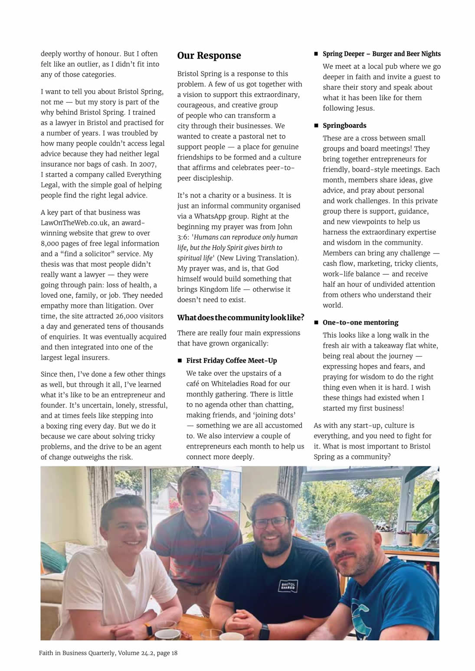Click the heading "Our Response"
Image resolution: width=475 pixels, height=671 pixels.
209,56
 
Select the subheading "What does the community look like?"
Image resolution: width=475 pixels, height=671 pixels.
240,318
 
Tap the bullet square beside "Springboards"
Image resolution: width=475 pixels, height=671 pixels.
316,126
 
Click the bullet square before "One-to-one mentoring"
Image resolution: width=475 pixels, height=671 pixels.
316,322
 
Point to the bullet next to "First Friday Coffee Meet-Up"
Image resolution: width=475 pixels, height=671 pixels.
180,361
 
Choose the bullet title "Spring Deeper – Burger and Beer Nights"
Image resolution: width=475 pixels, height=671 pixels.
381,54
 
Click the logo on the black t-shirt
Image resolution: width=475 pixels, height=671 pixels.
288,586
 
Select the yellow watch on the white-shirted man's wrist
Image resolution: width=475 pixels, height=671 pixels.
148,629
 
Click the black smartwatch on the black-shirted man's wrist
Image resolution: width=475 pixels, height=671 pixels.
264,631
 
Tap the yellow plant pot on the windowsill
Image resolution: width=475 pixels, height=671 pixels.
419,539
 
